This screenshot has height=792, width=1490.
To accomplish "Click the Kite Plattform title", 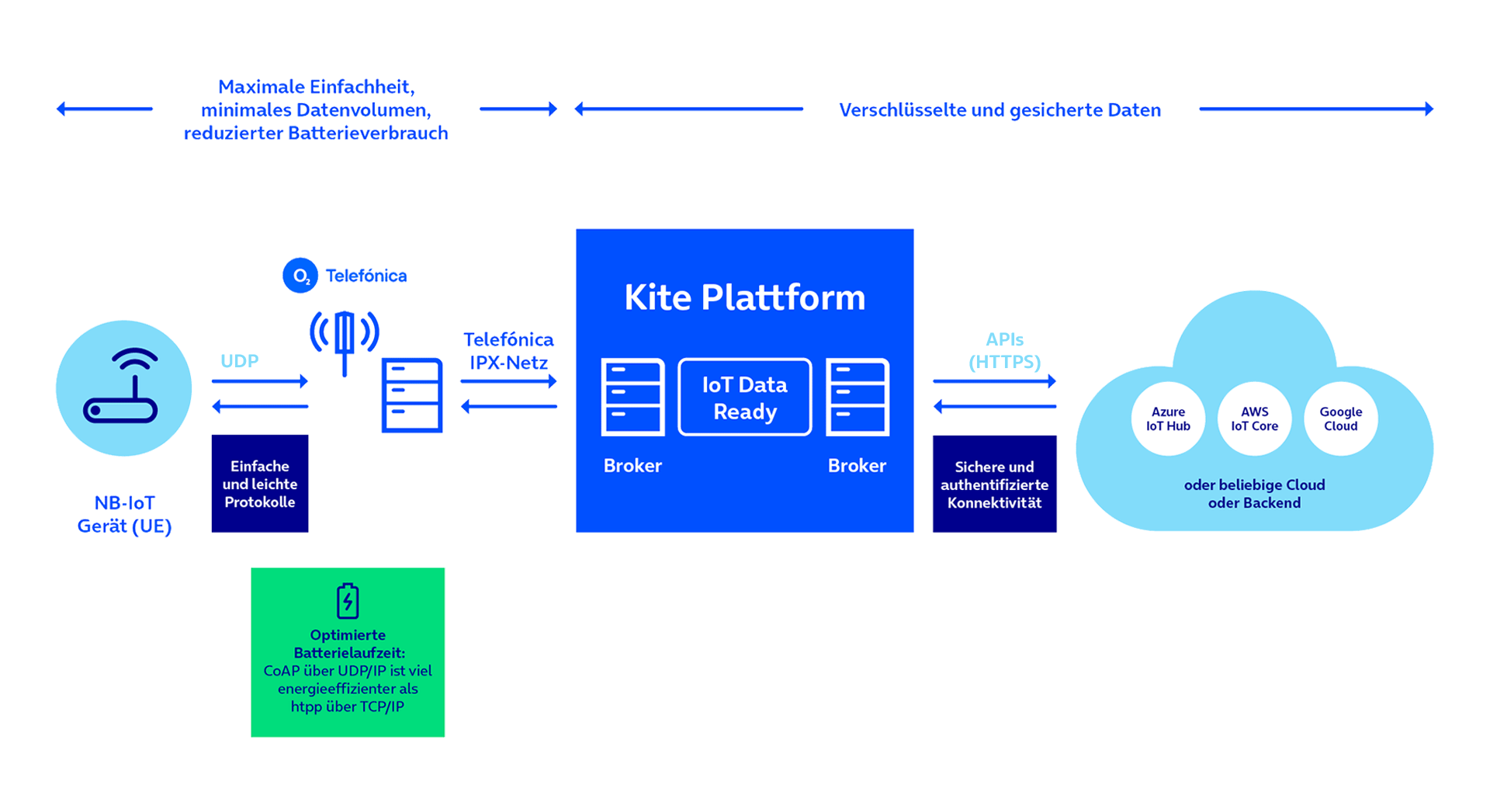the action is point(744,297).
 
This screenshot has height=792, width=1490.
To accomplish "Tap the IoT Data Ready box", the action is point(745,397).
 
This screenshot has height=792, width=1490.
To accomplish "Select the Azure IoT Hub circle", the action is point(1168,419).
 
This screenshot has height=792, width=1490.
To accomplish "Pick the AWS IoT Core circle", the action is point(1254,419).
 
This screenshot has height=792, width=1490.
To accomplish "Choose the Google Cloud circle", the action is point(1340,419).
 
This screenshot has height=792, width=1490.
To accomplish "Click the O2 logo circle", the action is point(300,276).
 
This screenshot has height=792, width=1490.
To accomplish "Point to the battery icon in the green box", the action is point(348,600).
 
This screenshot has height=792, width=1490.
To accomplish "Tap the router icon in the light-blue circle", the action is point(121,386).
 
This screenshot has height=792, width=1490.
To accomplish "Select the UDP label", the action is point(239,361).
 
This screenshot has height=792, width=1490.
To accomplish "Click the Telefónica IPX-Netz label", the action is point(508,351).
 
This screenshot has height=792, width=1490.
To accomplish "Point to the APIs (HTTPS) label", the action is point(1004,350).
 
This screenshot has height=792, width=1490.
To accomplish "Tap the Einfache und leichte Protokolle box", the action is point(260,483).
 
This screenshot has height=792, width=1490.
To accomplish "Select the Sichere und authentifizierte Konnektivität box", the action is point(994,484).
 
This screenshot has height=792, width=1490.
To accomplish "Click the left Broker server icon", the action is point(632,396).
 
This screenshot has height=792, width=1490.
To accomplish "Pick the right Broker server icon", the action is point(857,396).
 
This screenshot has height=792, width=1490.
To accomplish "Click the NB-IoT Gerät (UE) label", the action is point(124,514).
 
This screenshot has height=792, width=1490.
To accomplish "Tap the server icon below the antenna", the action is point(412,394).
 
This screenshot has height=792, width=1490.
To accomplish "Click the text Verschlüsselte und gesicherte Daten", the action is point(1000,109).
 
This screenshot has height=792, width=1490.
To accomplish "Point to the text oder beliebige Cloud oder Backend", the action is point(1254,494).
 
